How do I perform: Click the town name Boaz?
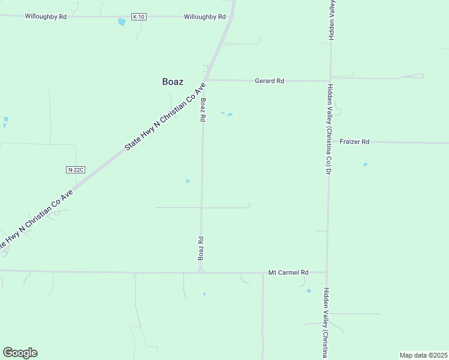(x=173, y=82)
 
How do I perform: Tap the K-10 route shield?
(x=139, y=17)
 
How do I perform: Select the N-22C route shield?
(x=76, y=170)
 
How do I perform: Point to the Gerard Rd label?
(x=269, y=80)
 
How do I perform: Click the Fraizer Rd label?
(x=354, y=142)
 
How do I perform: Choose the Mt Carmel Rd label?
(x=288, y=272)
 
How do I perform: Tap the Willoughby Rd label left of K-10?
(x=46, y=17)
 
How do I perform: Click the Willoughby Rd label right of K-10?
(x=205, y=17)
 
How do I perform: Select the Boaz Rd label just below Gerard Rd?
(x=203, y=110)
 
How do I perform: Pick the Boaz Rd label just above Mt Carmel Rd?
(x=202, y=248)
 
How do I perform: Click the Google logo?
(x=20, y=353)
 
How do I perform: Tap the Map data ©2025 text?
(x=423, y=355)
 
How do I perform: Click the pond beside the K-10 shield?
(x=122, y=22)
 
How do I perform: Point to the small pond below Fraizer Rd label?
(x=365, y=164)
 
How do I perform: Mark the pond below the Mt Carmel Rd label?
(x=309, y=291)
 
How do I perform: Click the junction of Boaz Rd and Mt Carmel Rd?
(x=202, y=272)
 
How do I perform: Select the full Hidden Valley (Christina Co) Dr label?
(x=329, y=128)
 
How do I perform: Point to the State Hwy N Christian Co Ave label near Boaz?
(x=164, y=116)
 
